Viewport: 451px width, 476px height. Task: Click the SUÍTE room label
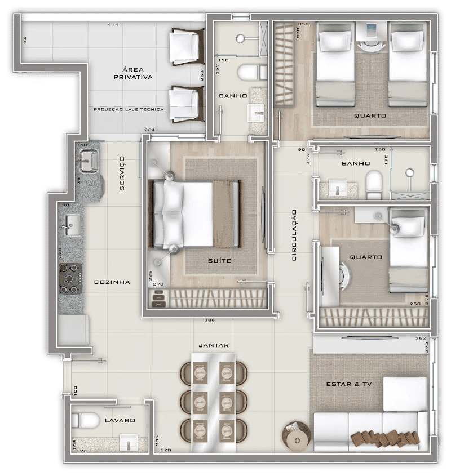pyautogui.click(x=219, y=261)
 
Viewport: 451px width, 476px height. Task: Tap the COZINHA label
pyautogui.click(x=112, y=282)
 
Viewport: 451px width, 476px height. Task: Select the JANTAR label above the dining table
pyautogui.click(x=214, y=345)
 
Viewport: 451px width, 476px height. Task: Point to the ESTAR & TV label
pyautogui.click(x=349, y=384)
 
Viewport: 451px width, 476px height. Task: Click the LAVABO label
pyautogui.click(x=120, y=420)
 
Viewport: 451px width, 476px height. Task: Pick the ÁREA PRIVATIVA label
pyautogui.click(x=133, y=73)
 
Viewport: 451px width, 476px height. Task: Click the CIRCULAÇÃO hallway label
pyautogui.click(x=294, y=235)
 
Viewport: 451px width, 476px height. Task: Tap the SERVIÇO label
pyautogui.click(x=122, y=174)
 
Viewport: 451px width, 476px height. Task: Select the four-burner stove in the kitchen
pyautogui.click(x=70, y=279)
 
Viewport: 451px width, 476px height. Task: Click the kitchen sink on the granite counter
pyautogui.click(x=73, y=225)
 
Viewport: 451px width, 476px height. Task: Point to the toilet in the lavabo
pyautogui.click(x=85, y=420)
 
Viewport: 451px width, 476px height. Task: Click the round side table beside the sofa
pyautogui.click(x=297, y=435)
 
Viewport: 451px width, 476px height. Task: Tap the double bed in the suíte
pyautogui.click(x=195, y=214)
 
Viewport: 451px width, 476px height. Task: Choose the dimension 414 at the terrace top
pyautogui.click(x=113, y=24)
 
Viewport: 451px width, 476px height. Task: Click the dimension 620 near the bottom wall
pyautogui.click(x=166, y=450)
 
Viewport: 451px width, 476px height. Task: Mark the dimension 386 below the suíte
pyautogui.click(x=209, y=320)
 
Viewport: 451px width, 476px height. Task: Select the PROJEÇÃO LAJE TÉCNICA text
pyautogui.click(x=129, y=109)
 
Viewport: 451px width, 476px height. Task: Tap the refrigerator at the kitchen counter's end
pyautogui.click(x=73, y=330)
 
